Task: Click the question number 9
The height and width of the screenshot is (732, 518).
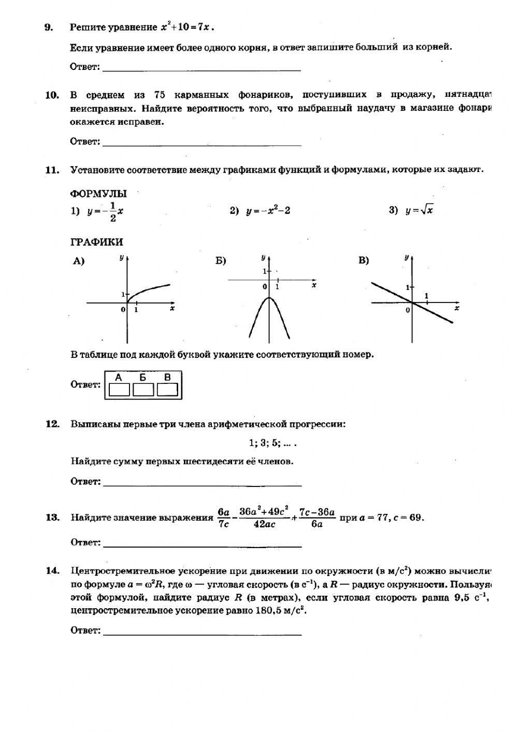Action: (x=48, y=27)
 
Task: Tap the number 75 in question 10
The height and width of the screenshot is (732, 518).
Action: (x=160, y=95)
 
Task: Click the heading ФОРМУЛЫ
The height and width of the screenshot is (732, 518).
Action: (x=98, y=194)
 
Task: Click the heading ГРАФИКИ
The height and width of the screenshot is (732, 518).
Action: (x=96, y=242)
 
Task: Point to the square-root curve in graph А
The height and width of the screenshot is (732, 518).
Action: (x=150, y=289)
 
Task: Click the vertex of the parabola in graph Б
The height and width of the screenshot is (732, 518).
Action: (x=269, y=297)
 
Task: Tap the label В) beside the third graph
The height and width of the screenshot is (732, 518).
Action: (x=364, y=260)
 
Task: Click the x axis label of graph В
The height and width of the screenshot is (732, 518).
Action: (x=456, y=308)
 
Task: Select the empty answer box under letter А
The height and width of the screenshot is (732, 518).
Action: (x=119, y=390)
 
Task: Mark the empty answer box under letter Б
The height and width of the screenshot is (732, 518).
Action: (x=143, y=390)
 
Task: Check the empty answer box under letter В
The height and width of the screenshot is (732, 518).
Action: (x=167, y=390)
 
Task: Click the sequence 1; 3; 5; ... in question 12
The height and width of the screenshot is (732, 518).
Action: (x=273, y=443)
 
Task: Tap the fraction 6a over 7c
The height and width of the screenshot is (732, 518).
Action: (x=223, y=518)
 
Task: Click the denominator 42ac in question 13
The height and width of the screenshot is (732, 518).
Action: (x=264, y=524)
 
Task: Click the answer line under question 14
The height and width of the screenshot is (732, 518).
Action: (x=203, y=634)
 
